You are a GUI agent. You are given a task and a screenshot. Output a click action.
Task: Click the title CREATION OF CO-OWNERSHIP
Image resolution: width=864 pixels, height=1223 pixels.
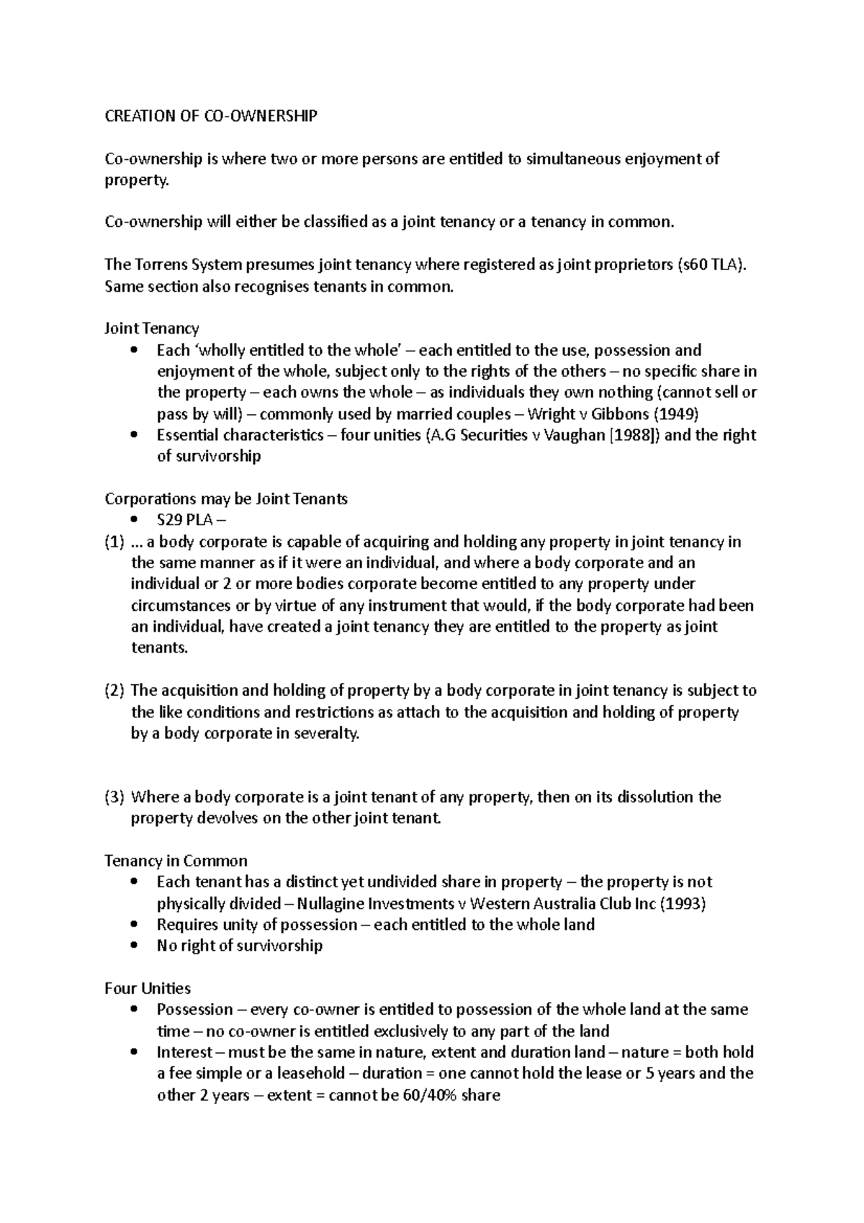click(210, 116)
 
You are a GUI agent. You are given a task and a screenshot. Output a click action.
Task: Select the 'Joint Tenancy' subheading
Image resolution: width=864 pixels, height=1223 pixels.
click(151, 328)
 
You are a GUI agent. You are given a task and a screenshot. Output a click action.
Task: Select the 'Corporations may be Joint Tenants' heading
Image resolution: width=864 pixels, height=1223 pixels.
click(226, 498)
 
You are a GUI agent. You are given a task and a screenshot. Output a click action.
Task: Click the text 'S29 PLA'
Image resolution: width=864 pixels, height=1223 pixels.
click(184, 520)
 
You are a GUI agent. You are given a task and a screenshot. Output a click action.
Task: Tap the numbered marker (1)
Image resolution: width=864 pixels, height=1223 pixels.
click(114, 542)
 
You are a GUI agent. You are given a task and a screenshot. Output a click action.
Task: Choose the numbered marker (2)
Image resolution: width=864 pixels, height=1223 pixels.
click(114, 691)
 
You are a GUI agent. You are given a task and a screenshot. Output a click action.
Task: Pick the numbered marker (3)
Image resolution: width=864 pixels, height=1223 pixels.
click(114, 797)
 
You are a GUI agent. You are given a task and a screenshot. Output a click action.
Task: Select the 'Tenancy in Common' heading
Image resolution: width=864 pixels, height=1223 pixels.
click(176, 861)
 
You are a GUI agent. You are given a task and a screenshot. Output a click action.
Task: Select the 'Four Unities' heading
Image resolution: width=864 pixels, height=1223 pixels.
click(148, 988)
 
